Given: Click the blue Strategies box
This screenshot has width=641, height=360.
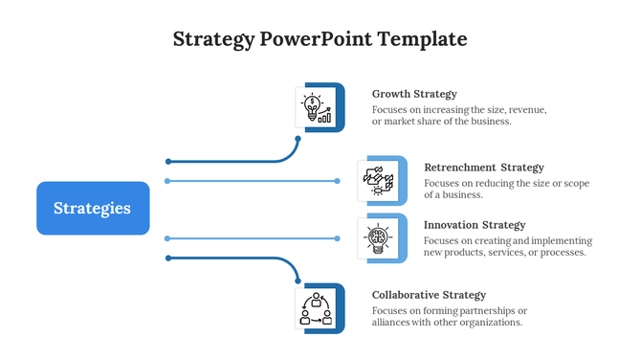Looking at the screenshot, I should [93, 208].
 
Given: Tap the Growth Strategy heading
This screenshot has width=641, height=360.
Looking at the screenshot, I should [414, 94].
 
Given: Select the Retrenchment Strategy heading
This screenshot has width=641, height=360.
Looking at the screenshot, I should [483, 168].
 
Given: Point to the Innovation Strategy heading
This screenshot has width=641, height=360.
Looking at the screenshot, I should [475, 225].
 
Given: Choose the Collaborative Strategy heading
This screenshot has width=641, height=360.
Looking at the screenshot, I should [429, 295].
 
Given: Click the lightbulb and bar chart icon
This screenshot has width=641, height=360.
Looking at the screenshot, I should [317, 107].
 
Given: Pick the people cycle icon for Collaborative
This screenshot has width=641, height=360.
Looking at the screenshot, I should [317, 308].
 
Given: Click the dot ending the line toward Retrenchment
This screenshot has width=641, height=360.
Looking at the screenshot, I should [337, 180].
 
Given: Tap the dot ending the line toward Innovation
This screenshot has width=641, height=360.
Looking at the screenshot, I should [337, 237].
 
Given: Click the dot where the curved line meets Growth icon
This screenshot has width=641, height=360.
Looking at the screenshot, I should [298, 139].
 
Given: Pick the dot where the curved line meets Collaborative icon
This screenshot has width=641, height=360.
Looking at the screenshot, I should [298, 281].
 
